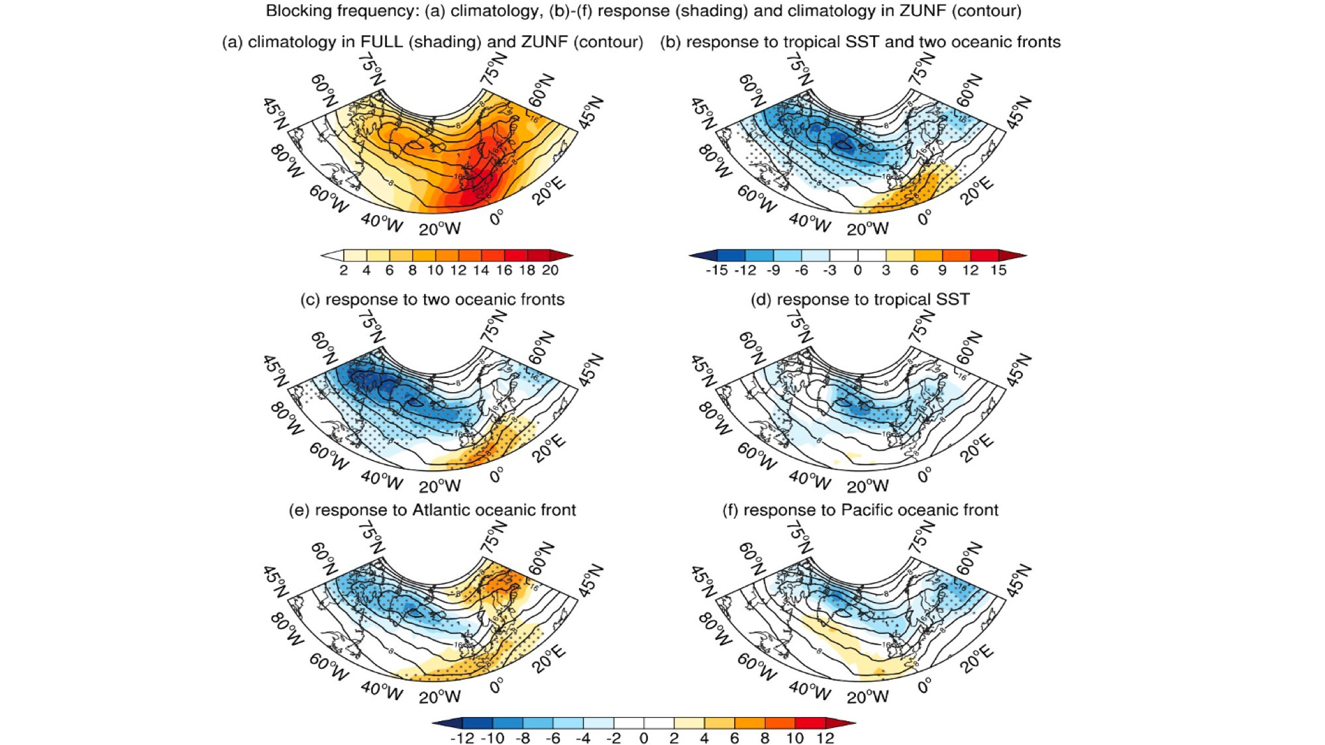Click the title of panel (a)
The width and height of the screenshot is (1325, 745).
click(x=432, y=42)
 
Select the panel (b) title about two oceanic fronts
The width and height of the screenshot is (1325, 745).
click(x=860, y=42)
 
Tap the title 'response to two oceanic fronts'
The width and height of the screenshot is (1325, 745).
click(x=432, y=299)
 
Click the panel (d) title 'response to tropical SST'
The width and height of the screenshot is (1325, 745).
click(x=860, y=299)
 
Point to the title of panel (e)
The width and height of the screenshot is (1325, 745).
click(x=432, y=510)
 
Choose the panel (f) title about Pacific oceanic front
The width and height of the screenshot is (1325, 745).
click(x=860, y=510)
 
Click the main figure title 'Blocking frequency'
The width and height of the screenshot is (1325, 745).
click(x=643, y=11)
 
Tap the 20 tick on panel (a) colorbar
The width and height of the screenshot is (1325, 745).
click(x=550, y=270)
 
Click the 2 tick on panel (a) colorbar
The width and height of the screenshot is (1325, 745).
click(x=343, y=270)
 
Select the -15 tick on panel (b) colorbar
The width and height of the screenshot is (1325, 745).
click(x=716, y=270)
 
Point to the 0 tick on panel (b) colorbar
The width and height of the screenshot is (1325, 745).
click(x=857, y=270)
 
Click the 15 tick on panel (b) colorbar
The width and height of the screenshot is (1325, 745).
click(x=998, y=270)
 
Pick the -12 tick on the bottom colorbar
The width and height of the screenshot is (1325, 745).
click(x=462, y=738)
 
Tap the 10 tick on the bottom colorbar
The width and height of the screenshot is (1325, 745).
click(x=795, y=738)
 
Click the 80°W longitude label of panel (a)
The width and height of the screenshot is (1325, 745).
click(x=286, y=162)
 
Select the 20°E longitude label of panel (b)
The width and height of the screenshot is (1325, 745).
click(x=977, y=191)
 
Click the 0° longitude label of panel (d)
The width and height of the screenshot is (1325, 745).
click(x=924, y=474)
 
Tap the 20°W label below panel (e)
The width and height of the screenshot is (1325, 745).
click(x=439, y=697)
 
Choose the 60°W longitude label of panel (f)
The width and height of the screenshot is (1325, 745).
click(x=756, y=666)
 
